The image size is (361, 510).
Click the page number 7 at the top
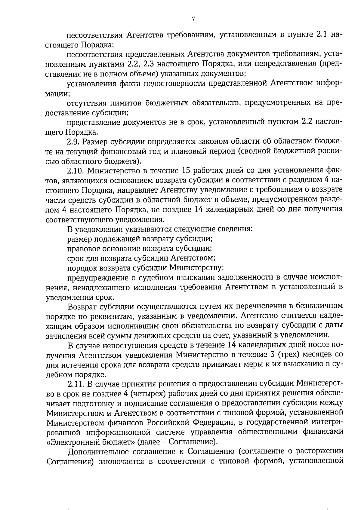(193, 19)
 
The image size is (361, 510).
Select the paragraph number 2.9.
(74, 142)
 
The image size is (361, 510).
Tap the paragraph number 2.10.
(76, 171)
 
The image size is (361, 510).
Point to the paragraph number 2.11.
(76, 384)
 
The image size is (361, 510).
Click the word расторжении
(319, 452)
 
